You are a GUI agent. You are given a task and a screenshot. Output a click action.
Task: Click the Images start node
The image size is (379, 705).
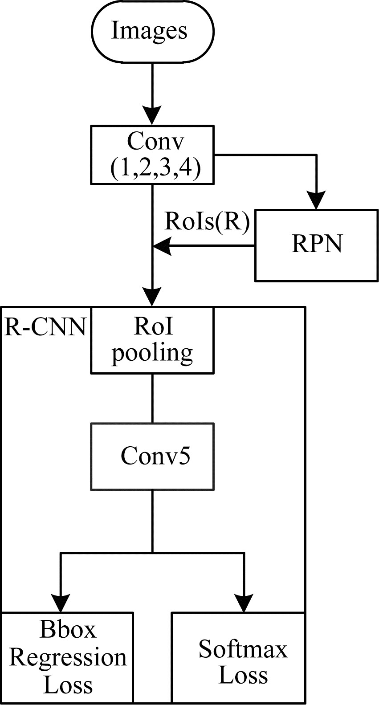152,32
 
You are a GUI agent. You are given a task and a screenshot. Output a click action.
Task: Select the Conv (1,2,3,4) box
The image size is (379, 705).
152,155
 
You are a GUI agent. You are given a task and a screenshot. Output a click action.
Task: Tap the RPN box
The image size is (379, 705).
316,245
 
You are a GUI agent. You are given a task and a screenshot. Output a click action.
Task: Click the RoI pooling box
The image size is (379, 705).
152,340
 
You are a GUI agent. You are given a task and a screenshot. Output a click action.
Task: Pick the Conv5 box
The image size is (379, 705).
152,456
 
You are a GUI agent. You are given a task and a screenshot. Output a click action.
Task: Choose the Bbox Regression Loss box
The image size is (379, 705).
67,658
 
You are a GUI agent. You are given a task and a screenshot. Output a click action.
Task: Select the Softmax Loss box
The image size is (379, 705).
238,658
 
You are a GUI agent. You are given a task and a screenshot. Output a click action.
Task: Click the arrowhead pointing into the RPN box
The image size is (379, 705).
316,200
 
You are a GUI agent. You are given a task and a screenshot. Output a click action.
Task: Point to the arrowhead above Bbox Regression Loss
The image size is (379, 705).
61,603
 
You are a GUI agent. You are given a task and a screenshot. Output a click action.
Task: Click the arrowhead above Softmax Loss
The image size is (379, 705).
244,603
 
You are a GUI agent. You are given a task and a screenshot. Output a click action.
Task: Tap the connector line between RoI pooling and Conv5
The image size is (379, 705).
152,398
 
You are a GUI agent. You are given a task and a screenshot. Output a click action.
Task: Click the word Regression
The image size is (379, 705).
68,658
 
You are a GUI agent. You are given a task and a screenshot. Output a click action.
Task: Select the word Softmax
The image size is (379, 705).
243,649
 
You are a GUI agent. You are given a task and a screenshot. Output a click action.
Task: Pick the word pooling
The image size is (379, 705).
152,353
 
